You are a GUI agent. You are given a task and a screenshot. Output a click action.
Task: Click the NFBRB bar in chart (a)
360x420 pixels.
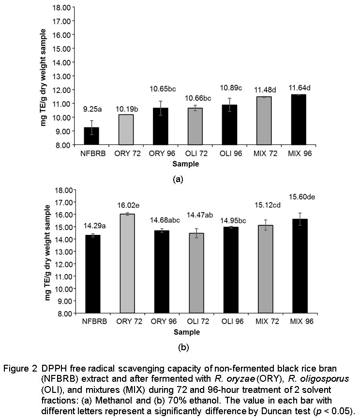(x=91, y=136)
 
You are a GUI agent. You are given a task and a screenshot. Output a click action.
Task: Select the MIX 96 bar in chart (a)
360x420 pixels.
(x=299, y=120)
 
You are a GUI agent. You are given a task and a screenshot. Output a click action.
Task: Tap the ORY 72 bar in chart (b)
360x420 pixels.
(x=127, y=264)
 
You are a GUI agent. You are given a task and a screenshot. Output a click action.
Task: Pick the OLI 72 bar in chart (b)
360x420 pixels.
(x=196, y=273)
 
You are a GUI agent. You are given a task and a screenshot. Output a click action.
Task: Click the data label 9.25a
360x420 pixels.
(x=92, y=109)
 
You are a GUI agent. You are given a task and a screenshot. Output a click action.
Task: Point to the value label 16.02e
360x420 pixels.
(x=128, y=205)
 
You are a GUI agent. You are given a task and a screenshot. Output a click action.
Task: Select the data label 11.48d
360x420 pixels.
(x=265, y=90)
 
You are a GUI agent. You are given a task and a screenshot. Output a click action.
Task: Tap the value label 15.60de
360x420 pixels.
(x=302, y=197)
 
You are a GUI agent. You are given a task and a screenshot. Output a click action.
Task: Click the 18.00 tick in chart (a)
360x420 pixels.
(x=62, y=7)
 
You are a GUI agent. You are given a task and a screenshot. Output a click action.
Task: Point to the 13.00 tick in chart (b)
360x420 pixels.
(x=64, y=252)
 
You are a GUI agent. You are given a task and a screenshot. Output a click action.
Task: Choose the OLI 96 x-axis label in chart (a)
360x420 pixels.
(x=231, y=154)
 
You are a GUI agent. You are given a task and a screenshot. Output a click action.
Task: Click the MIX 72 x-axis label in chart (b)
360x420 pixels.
(x=267, y=321)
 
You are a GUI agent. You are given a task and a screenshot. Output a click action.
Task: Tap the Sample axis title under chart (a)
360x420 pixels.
(x=186, y=164)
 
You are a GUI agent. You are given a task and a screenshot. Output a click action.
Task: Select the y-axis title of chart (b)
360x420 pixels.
(x=47, y=252)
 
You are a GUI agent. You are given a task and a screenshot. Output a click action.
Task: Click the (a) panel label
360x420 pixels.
(x=178, y=179)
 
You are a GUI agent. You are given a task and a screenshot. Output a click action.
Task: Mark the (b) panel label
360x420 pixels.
(x=183, y=347)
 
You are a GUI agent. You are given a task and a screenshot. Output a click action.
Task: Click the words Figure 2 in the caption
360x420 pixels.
(x=20, y=369)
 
